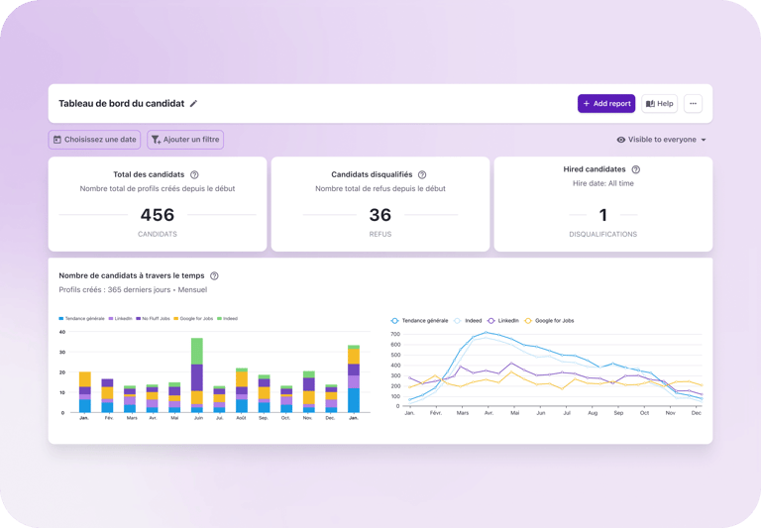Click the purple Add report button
605,103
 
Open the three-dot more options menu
693,103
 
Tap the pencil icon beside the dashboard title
194,103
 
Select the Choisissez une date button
95,140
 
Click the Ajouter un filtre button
185,140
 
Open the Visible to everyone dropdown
661,140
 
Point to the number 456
158,214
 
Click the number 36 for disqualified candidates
380,214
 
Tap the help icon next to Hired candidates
635,169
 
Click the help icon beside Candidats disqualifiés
422,174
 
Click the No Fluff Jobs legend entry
155,319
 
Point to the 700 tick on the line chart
394,334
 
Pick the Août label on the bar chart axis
241,418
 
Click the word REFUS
380,235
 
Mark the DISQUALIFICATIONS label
603,235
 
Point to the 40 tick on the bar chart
61,352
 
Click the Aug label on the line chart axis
592,412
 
